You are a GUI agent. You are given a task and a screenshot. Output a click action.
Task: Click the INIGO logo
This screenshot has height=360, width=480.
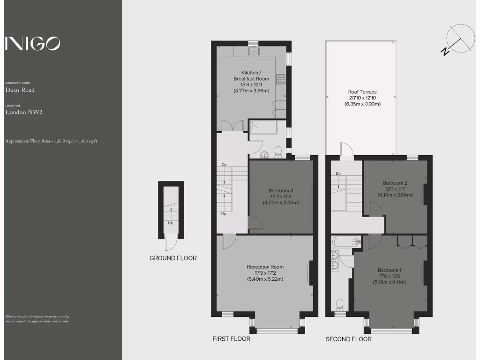click(x=32, y=44)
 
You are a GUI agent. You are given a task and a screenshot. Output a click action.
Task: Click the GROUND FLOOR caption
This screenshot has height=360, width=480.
click(x=173, y=258)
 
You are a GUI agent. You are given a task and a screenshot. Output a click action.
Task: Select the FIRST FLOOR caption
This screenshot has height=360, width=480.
click(x=231, y=338)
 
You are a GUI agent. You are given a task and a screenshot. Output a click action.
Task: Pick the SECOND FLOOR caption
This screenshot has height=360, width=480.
click(x=348, y=339)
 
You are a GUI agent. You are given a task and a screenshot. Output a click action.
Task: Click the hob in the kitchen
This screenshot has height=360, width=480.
click(x=281, y=80)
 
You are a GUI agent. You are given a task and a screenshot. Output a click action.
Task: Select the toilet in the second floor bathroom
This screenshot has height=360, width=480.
click(x=339, y=305)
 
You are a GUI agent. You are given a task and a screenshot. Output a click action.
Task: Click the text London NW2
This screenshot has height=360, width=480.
click(x=24, y=112)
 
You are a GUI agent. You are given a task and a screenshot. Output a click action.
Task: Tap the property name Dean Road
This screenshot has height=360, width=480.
click(x=20, y=90)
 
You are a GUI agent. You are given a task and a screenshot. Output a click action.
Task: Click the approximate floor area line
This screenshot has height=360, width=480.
click(x=51, y=141)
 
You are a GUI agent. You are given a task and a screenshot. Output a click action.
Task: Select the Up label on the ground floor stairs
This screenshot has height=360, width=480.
click(x=171, y=223)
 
